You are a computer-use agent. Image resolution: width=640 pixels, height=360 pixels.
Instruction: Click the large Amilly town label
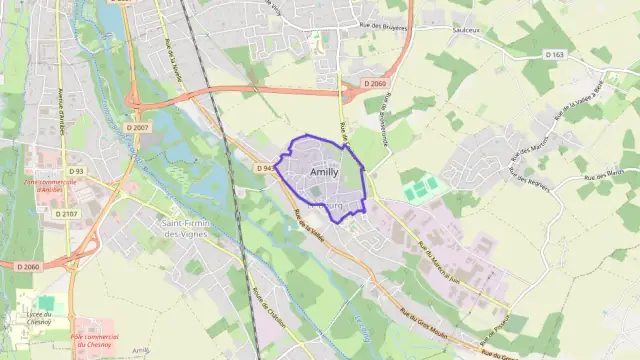[x=325, y=172]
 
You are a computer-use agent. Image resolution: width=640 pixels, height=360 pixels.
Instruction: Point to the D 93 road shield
[x=75, y=171]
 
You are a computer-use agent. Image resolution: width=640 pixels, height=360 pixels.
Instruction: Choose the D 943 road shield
[x=265, y=169]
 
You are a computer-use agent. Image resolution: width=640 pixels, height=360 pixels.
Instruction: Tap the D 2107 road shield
[x=66, y=213]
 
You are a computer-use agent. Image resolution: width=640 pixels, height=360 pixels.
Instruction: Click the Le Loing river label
[x=362, y=327]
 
